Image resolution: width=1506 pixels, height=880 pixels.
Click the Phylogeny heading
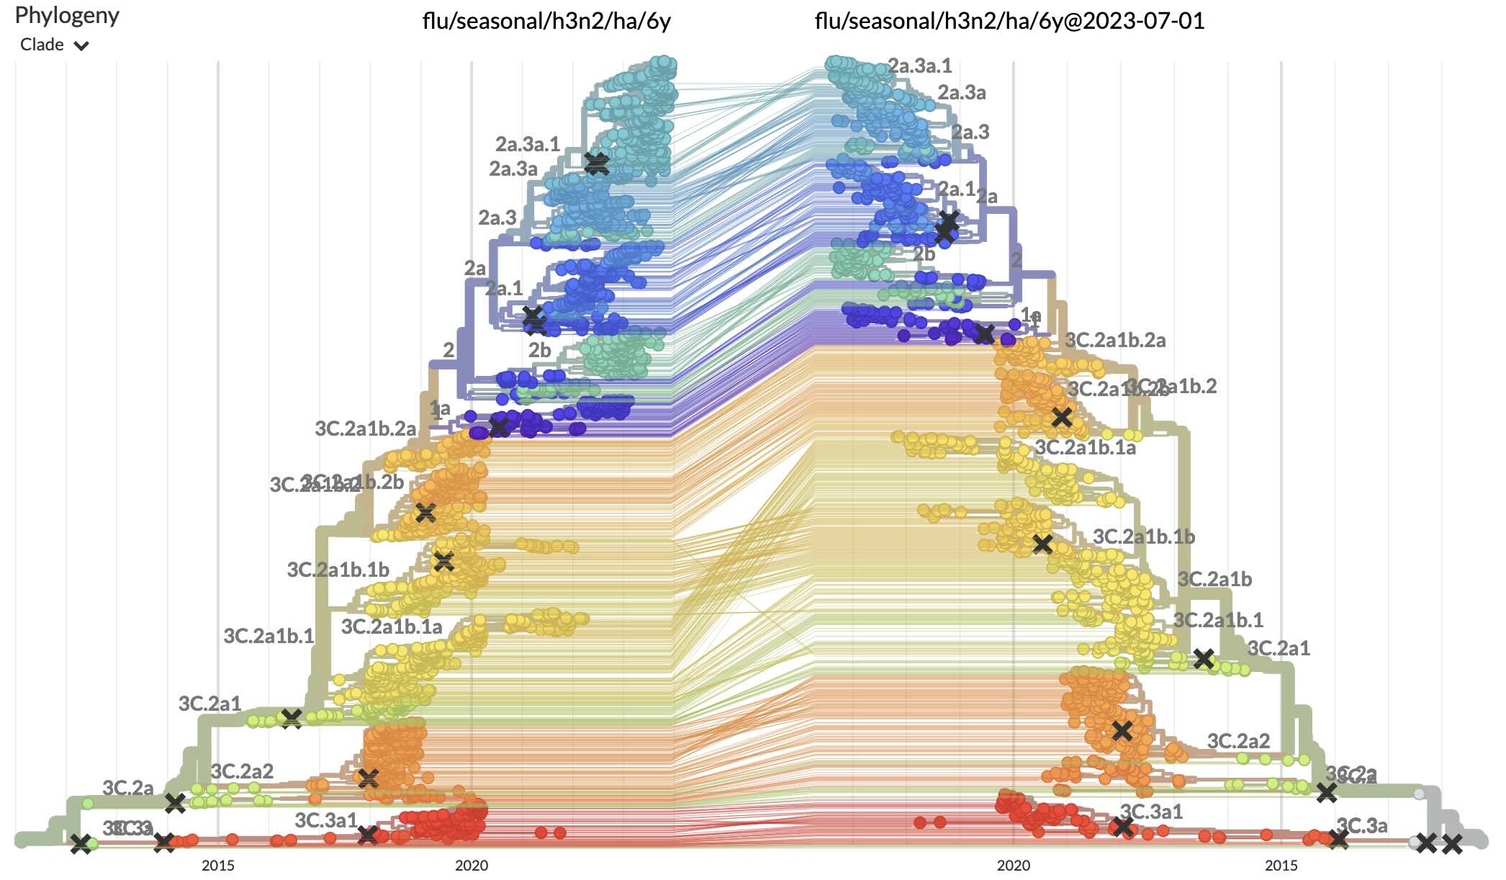[67, 15]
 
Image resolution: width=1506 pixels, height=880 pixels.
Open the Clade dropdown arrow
[82, 46]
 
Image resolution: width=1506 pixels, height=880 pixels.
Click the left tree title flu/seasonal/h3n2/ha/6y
[546, 21]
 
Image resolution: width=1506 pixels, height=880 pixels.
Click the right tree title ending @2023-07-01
[1009, 21]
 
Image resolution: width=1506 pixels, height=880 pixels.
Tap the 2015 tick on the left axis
[217, 865]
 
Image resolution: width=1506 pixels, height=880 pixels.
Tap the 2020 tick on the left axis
[472, 865]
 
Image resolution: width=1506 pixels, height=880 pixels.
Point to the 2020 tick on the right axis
[1014, 865]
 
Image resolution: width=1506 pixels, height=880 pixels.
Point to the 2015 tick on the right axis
[1281, 865]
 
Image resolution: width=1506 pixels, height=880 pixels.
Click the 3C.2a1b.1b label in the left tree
[338, 570]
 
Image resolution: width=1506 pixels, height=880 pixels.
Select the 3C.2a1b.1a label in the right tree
[1085, 447]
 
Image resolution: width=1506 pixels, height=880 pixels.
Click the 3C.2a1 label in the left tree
[209, 704]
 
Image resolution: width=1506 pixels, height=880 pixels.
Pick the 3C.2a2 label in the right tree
[1238, 740]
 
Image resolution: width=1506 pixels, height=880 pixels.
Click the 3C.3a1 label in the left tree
[325, 820]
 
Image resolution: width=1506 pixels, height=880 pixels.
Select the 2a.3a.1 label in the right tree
[920, 66]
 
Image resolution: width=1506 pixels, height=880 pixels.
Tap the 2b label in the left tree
[539, 350]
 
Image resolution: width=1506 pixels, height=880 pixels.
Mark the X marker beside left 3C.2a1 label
[291, 718]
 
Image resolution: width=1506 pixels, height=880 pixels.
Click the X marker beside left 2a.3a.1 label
[596, 163]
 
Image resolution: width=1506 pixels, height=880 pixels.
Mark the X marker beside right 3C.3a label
[1338, 839]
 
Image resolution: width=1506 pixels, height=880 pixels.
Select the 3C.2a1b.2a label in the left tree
[365, 428]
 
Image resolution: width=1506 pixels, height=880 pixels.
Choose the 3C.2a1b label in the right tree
[1214, 579]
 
